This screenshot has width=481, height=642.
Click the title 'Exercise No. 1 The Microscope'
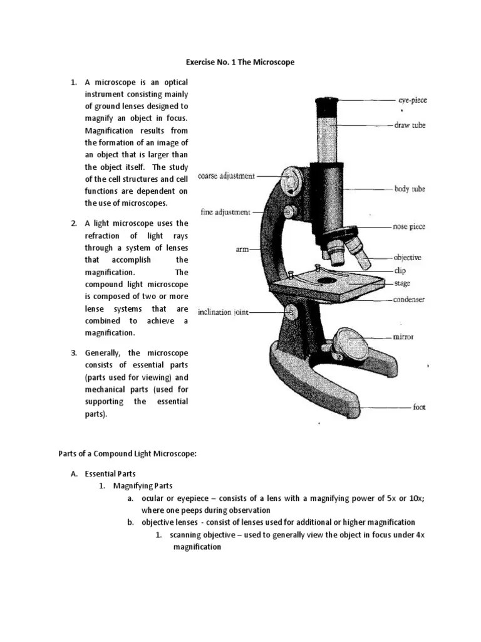coord(240,63)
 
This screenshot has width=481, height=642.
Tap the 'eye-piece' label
coord(413,100)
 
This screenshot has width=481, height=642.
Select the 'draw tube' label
coord(410,125)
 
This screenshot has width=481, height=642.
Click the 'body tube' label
coord(410,189)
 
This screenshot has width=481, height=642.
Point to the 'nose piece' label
coord(409,226)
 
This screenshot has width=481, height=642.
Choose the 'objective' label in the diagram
coord(407,257)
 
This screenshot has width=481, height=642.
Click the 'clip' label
coord(400,270)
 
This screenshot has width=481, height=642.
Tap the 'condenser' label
coord(408,300)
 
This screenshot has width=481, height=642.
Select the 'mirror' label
coord(403,337)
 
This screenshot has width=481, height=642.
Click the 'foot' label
coord(419,407)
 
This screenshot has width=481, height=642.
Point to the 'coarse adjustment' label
coord(226,176)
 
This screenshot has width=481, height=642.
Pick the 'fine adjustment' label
coord(225,212)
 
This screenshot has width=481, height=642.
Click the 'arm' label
coord(242,250)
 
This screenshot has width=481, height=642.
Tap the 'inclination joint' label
coord(224,312)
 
